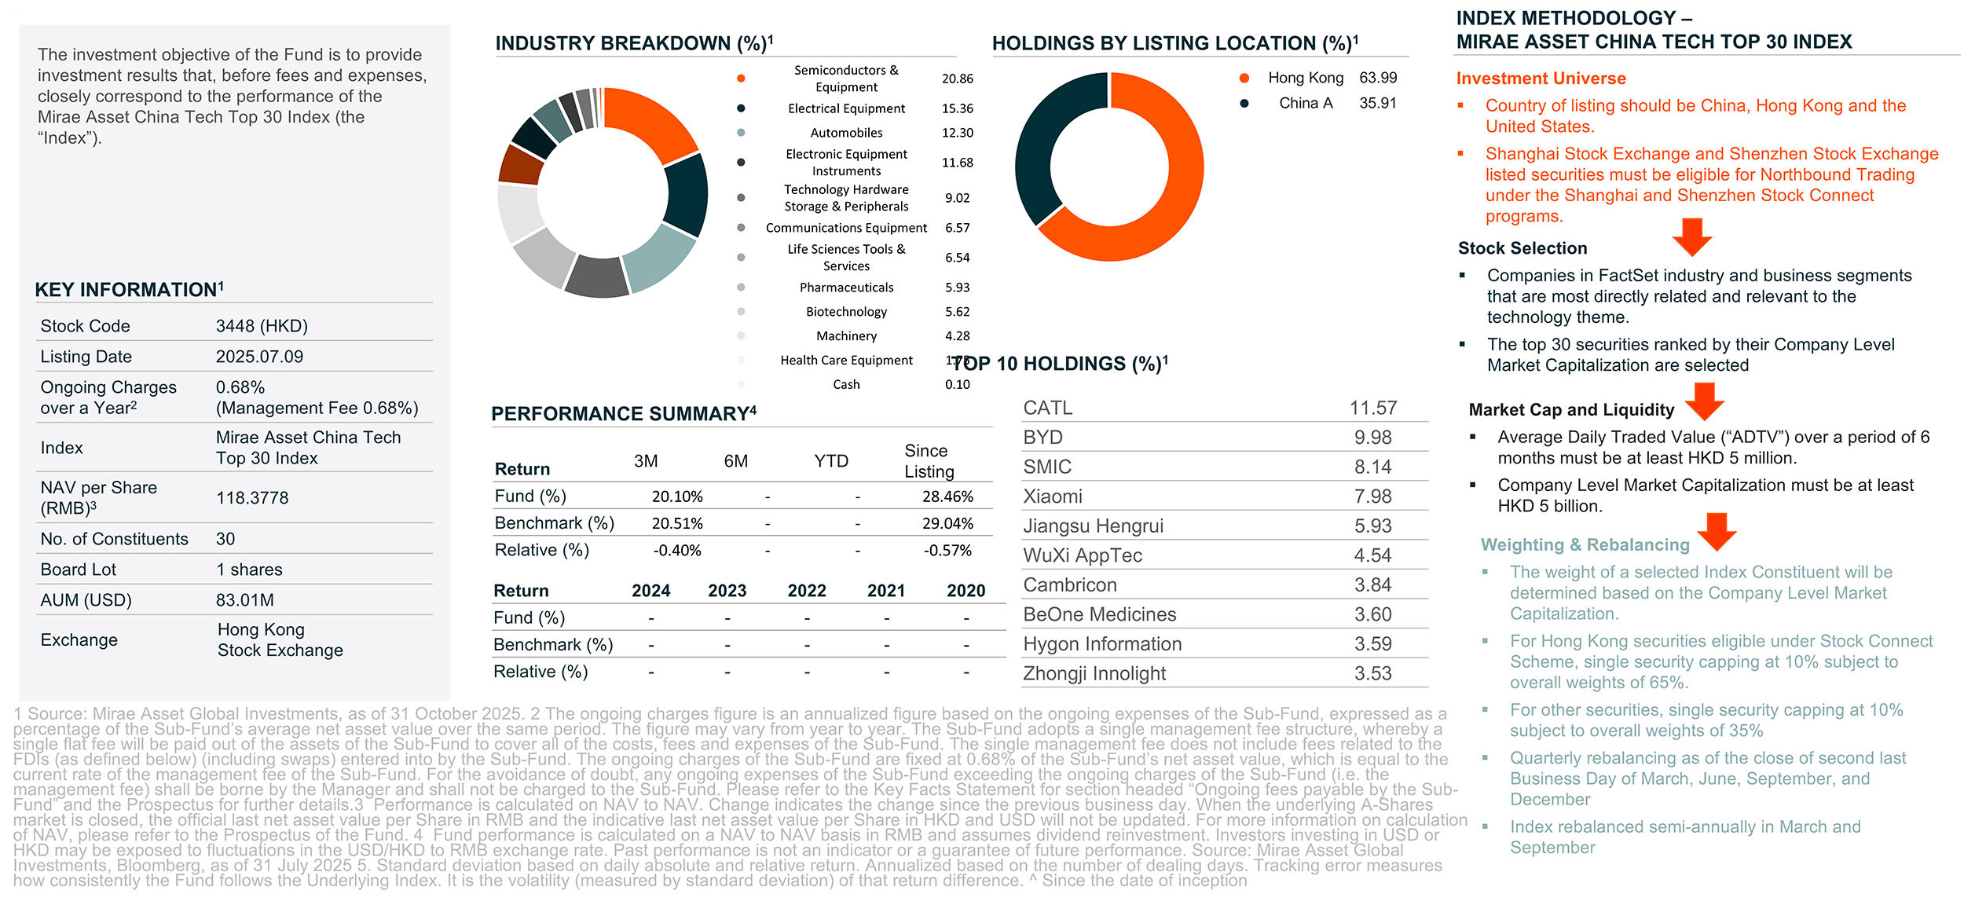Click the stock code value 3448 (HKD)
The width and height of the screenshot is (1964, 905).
pyautogui.click(x=262, y=326)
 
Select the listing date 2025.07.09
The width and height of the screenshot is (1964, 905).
pyautogui.click(x=259, y=357)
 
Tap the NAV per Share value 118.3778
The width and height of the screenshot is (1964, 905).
pyautogui.click(x=252, y=498)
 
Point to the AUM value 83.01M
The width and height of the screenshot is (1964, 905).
pyautogui.click(x=245, y=600)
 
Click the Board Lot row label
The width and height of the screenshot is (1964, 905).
pyautogui.click(x=79, y=570)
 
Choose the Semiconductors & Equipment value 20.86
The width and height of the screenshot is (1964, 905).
pyautogui.click(x=957, y=79)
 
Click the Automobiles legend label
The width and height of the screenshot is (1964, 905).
pyautogui.click(x=846, y=133)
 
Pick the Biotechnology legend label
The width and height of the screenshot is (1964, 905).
pyautogui.click(x=846, y=312)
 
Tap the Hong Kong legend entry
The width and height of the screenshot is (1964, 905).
pyautogui.click(x=1305, y=78)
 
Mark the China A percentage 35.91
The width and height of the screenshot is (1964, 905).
pyautogui.click(x=1377, y=103)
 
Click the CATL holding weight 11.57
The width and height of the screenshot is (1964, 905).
pyautogui.click(x=1372, y=409)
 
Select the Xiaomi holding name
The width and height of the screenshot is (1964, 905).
pyautogui.click(x=1053, y=496)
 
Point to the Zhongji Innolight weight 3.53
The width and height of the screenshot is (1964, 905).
pyautogui.click(x=1372, y=673)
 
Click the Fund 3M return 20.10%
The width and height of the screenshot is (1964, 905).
pyautogui.click(x=676, y=496)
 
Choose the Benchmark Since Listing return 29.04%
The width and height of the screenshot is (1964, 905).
pyautogui.click(x=947, y=523)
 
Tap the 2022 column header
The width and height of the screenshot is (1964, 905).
pyautogui.click(x=807, y=591)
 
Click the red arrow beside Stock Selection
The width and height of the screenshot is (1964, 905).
pyautogui.click(x=1691, y=236)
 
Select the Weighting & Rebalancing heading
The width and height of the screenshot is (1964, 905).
pyautogui.click(x=1585, y=545)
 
